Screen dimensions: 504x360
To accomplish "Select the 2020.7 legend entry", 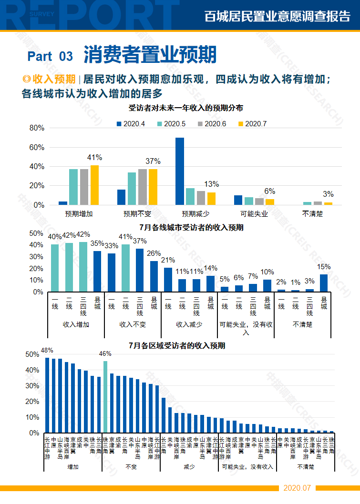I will tap(252, 123).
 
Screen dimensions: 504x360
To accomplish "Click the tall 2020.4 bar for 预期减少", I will tap(180, 171).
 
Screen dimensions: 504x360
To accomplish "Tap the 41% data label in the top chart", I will tap(94, 158).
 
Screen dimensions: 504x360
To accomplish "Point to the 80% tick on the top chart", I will tap(37, 128).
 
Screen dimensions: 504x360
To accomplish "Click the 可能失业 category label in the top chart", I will tap(254, 214).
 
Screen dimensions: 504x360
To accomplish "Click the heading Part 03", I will tap(50, 56).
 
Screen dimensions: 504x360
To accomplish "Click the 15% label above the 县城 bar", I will tap(324, 267).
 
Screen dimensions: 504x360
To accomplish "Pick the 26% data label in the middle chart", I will tap(154, 253).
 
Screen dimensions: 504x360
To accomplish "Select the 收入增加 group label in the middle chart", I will tap(76, 324).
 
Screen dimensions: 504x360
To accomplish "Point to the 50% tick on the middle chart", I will tap(37, 233).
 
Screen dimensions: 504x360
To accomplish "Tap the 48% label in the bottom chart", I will tap(47, 350).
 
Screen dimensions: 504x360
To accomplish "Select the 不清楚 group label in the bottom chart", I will tap(305, 467).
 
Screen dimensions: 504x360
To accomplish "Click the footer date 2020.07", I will tap(297, 488).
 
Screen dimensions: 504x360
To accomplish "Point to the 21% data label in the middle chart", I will tap(168, 260).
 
